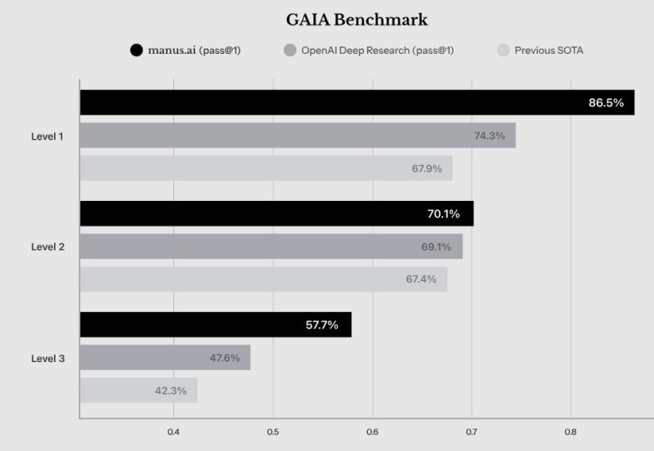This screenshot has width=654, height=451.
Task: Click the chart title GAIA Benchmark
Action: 356,20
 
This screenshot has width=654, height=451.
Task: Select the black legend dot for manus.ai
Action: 137,51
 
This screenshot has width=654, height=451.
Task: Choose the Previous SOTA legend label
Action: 549,51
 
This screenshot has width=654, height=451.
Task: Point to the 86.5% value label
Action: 606,103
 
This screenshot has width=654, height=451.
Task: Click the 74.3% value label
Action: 490,136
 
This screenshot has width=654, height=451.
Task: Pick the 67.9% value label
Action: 427,168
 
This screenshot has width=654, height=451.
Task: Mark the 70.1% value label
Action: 444,214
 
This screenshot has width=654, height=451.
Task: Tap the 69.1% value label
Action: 435,247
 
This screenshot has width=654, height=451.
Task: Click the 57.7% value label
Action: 322,325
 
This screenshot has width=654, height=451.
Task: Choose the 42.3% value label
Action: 170,391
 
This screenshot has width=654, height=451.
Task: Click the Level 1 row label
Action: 47,136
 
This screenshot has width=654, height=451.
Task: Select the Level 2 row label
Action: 47,247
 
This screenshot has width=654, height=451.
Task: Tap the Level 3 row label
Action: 47,358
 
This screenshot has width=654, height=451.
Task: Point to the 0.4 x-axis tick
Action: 173,431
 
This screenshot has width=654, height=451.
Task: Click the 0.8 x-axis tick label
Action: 571,431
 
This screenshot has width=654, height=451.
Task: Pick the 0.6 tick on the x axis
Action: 372,431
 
